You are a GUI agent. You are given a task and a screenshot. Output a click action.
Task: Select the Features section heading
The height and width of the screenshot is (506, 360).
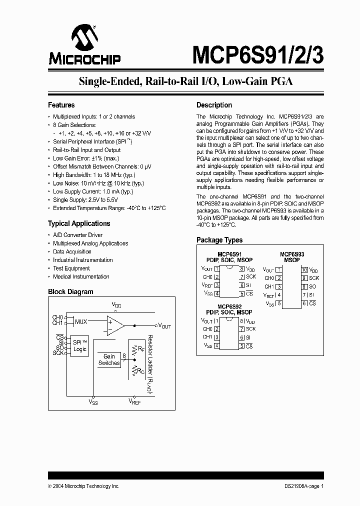pyautogui.click(x=61, y=105)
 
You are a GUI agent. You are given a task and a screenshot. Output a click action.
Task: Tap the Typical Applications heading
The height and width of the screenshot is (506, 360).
pyautogui.click(x=78, y=223)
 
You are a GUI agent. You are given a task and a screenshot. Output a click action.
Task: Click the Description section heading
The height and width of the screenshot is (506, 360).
pyautogui.click(x=214, y=105)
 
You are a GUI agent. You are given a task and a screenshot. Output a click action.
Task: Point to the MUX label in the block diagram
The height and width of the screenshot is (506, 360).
pyautogui.click(x=81, y=321)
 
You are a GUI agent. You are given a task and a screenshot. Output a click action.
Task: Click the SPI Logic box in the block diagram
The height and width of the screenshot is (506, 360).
pyautogui.click(x=80, y=345)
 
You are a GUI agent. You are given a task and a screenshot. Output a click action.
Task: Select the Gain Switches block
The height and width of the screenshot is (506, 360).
pyautogui.click(x=109, y=359)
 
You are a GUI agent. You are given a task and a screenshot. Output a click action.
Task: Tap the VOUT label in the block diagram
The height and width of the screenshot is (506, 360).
pyautogui.click(x=164, y=325)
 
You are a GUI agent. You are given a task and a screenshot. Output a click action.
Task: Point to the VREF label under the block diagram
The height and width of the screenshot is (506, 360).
pyautogui.click(x=134, y=401)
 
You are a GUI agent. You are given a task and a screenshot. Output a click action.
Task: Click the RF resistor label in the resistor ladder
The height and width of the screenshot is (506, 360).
pyautogui.click(x=141, y=347)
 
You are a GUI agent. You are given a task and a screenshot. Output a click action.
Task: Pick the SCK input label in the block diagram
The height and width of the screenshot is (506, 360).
pyautogui.click(x=58, y=353)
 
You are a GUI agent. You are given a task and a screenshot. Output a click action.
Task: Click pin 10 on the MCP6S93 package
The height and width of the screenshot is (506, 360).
pyautogui.click(x=304, y=269)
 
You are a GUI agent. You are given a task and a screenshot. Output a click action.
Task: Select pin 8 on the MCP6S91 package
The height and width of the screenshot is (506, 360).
pyautogui.click(x=241, y=269)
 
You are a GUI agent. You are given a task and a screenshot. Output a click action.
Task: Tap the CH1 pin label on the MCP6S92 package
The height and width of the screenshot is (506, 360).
pyautogui.click(x=207, y=337)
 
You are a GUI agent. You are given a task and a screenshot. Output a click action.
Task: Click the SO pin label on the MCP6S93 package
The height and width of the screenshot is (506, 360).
pyautogui.click(x=312, y=286)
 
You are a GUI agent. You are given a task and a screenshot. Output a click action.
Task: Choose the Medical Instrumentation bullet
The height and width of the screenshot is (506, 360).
pyautogui.click(x=81, y=276)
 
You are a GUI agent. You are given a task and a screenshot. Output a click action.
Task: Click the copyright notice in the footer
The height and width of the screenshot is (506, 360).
pyautogui.click(x=83, y=486)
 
